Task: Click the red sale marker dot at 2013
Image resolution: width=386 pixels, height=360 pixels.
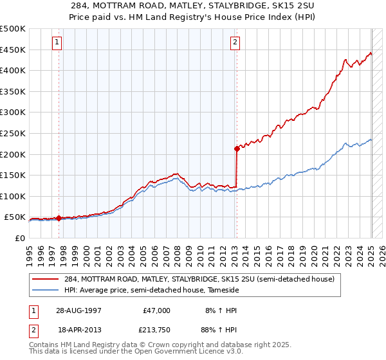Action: click(237, 149)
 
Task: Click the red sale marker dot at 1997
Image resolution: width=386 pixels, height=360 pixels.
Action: click(59, 218)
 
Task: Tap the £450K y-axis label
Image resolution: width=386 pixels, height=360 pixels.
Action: click(13, 50)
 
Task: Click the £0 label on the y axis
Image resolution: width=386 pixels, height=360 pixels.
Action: click(20, 239)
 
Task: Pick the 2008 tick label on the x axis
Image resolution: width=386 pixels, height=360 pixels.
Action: click(177, 256)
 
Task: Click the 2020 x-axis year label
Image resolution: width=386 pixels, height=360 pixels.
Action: click(313, 256)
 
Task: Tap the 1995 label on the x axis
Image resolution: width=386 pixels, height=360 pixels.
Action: click(29, 256)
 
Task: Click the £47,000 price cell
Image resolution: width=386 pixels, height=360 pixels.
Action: click(156, 310)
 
